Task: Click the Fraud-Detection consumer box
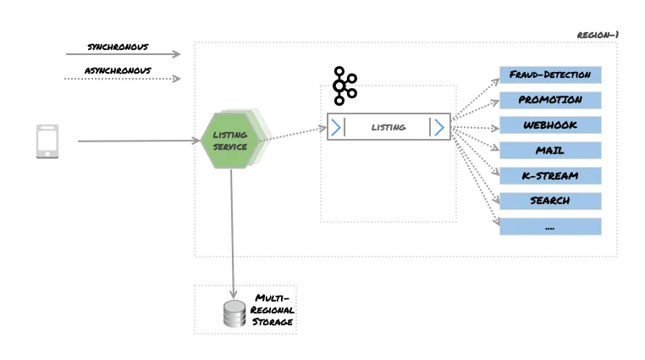(x=550, y=75)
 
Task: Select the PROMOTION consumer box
(x=550, y=100)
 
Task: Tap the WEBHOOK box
(x=550, y=125)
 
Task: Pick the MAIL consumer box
(x=550, y=151)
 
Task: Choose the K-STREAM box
(x=550, y=175)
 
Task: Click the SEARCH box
(x=550, y=201)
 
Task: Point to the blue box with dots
(x=550, y=226)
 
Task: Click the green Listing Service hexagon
(x=230, y=141)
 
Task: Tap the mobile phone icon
(x=47, y=141)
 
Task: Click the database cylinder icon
(x=234, y=314)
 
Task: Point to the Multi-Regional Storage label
(x=273, y=311)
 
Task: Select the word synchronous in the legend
(x=119, y=45)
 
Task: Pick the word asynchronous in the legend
(x=119, y=69)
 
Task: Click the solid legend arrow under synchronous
(x=123, y=54)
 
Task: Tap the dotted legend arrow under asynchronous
(x=123, y=80)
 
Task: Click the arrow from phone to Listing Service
(x=140, y=141)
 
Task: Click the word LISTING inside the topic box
(x=389, y=127)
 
